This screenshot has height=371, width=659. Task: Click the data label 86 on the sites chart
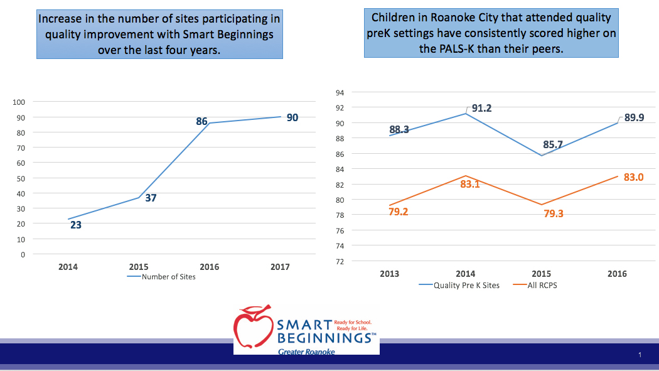[x=201, y=121]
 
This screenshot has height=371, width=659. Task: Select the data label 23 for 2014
[x=75, y=225]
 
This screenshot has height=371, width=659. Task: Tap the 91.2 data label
[x=481, y=108]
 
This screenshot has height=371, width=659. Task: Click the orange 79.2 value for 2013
[x=399, y=212]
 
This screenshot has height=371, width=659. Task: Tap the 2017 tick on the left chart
[x=280, y=267]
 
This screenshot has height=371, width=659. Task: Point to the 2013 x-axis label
[x=389, y=274]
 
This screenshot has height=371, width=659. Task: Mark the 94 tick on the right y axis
[x=339, y=92]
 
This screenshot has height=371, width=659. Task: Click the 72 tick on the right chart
[x=339, y=261]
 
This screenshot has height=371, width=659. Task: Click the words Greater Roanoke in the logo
[x=306, y=352]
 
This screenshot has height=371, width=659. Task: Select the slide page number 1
[x=640, y=355]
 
